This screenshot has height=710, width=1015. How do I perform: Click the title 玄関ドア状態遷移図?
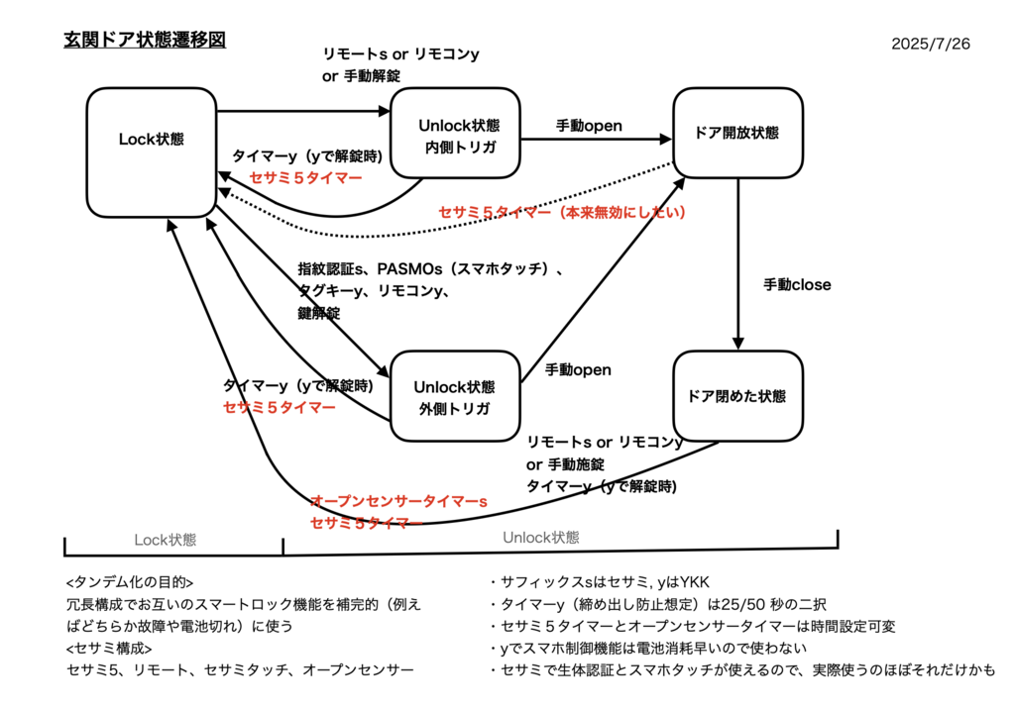pyautogui.click(x=145, y=40)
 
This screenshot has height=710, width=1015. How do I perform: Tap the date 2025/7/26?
pyautogui.click(x=930, y=44)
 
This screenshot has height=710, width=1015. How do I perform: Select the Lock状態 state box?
pyautogui.click(x=152, y=152)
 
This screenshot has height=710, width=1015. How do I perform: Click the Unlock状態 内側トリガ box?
pyautogui.click(x=455, y=134)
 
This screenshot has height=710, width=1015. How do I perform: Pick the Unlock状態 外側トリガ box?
pyautogui.click(x=455, y=396)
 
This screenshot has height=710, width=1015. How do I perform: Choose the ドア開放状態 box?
pyautogui.click(x=737, y=134)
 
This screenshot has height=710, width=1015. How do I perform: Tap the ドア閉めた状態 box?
pyautogui.click(x=737, y=396)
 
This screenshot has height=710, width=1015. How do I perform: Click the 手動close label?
pyautogui.click(x=797, y=284)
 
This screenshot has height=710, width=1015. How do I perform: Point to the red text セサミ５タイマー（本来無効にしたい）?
pyautogui.click(x=562, y=212)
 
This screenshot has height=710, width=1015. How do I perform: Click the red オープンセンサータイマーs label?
pyautogui.click(x=398, y=501)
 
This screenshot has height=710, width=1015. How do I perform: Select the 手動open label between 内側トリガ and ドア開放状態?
pyautogui.click(x=589, y=126)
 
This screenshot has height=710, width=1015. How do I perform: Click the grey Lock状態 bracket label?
pyautogui.click(x=166, y=540)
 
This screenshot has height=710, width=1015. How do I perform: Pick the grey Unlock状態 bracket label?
pyautogui.click(x=541, y=538)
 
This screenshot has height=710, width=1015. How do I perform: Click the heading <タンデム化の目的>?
pyautogui.click(x=130, y=582)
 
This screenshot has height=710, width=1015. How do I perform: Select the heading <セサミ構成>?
pyautogui.click(x=109, y=648)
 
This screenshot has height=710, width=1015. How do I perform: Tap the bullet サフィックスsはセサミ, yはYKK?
pyautogui.click(x=600, y=582)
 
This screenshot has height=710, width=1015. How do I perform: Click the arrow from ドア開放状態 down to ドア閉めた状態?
pyautogui.click(x=737, y=263)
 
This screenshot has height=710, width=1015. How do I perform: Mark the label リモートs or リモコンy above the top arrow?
pyautogui.click(x=400, y=54)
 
